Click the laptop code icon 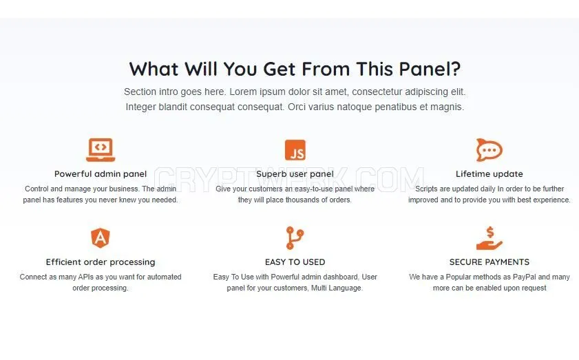[x=101, y=150]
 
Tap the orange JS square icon [x=295, y=150]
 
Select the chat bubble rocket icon [x=489, y=150]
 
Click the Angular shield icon [x=101, y=238]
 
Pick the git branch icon [x=295, y=238]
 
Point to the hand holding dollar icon [x=489, y=239]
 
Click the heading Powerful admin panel [x=101, y=174]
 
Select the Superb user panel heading [x=295, y=174]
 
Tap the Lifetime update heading [x=489, y=174]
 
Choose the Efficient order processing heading [x=101, y=262]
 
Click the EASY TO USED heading [x=295, y=262]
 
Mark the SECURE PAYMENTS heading [x=489, y=262]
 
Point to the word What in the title [x=154, y=69]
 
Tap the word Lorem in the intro [x=242, y=92]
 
